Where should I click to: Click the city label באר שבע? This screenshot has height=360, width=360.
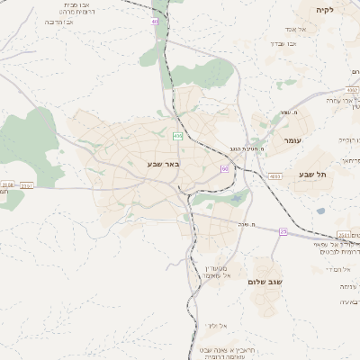163,164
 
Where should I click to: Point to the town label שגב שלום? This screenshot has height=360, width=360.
266,282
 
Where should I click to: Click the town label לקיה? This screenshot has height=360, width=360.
324,10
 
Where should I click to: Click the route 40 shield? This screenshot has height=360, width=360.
155,21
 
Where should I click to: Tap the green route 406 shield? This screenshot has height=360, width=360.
177,136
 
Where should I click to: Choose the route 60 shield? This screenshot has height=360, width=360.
223,168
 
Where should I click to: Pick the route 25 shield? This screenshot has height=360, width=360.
283,231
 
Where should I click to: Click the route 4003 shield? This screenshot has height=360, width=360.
274,176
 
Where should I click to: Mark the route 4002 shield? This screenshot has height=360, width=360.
351,90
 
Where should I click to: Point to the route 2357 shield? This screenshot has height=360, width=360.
27,185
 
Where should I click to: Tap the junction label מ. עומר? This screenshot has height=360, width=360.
289,112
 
